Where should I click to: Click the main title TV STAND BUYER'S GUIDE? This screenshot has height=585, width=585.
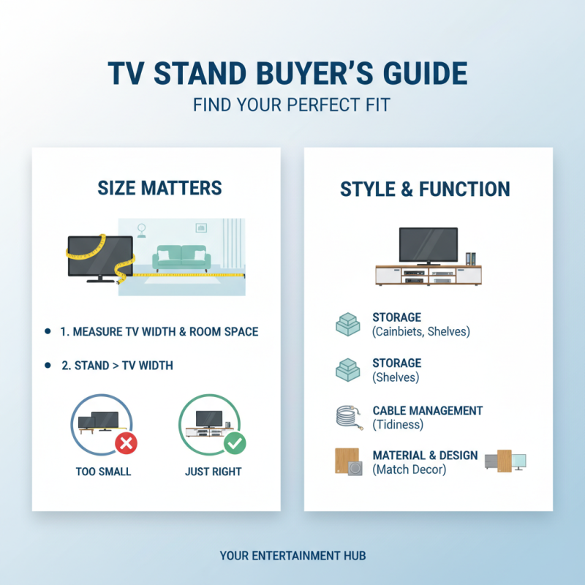(292, 75)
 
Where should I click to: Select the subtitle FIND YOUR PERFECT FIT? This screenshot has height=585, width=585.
(292, 105)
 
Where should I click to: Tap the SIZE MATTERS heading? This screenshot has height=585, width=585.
(159, 188)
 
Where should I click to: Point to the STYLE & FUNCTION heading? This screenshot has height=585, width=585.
(425, 189)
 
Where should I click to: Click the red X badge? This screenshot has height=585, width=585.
(125, 442)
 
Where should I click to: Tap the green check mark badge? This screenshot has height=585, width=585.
(234, 442)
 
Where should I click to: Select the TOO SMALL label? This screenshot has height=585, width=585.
(103, 472)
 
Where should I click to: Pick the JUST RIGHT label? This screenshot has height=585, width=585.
(214, 472)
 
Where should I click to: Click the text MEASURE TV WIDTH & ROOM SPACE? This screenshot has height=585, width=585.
(159, 332)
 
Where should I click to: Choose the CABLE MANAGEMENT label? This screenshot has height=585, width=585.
(427, 411)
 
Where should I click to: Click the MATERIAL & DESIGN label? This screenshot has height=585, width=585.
(425, 456)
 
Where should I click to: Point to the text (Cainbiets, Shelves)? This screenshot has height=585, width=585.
(420, 332)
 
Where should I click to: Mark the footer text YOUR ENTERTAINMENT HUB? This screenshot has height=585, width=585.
(292, 556)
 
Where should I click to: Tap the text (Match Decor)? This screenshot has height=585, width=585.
(409, 469)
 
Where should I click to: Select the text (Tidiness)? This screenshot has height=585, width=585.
(398, 424)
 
